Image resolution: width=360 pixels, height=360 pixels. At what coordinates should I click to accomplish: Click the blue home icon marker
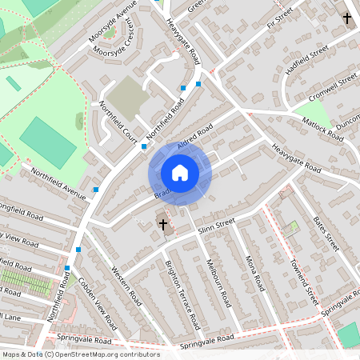(x=180, y=173)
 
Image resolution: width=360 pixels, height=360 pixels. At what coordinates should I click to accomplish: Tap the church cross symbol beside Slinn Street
(x=164, y=225)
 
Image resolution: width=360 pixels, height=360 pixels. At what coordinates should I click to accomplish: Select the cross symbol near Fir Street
(x=347, y=18)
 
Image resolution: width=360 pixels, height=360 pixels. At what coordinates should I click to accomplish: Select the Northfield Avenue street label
(x=58, y=183)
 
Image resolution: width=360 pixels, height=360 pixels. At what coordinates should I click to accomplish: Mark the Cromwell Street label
(x=337, y=81)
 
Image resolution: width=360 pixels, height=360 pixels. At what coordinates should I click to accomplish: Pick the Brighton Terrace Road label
(x=181, y=293)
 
